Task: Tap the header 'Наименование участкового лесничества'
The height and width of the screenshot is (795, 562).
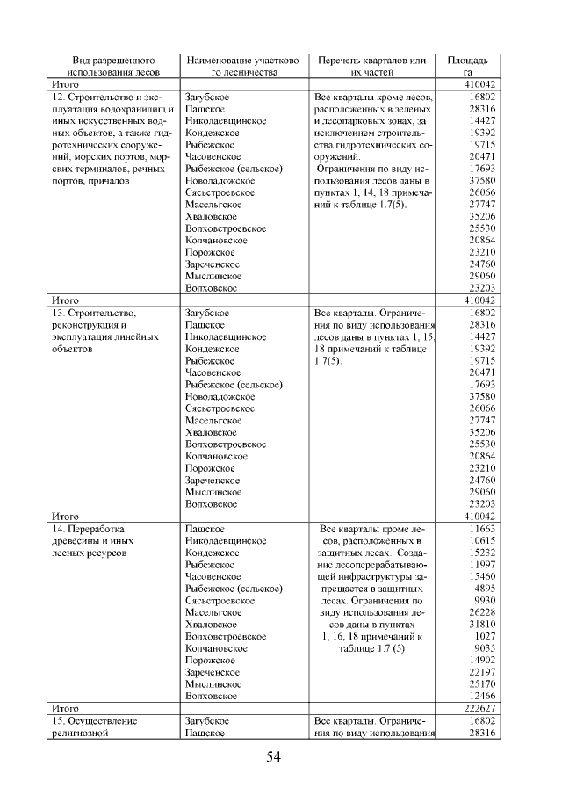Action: [243, 67]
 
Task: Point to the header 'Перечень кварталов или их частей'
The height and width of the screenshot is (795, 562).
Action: [375, 67]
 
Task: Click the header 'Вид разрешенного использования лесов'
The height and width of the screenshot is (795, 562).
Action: [107, 67]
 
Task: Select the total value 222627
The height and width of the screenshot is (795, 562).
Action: [479, 707]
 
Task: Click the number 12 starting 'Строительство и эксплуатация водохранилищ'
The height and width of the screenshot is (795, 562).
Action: [59, 97]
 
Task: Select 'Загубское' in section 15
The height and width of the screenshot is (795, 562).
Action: [207, 720]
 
